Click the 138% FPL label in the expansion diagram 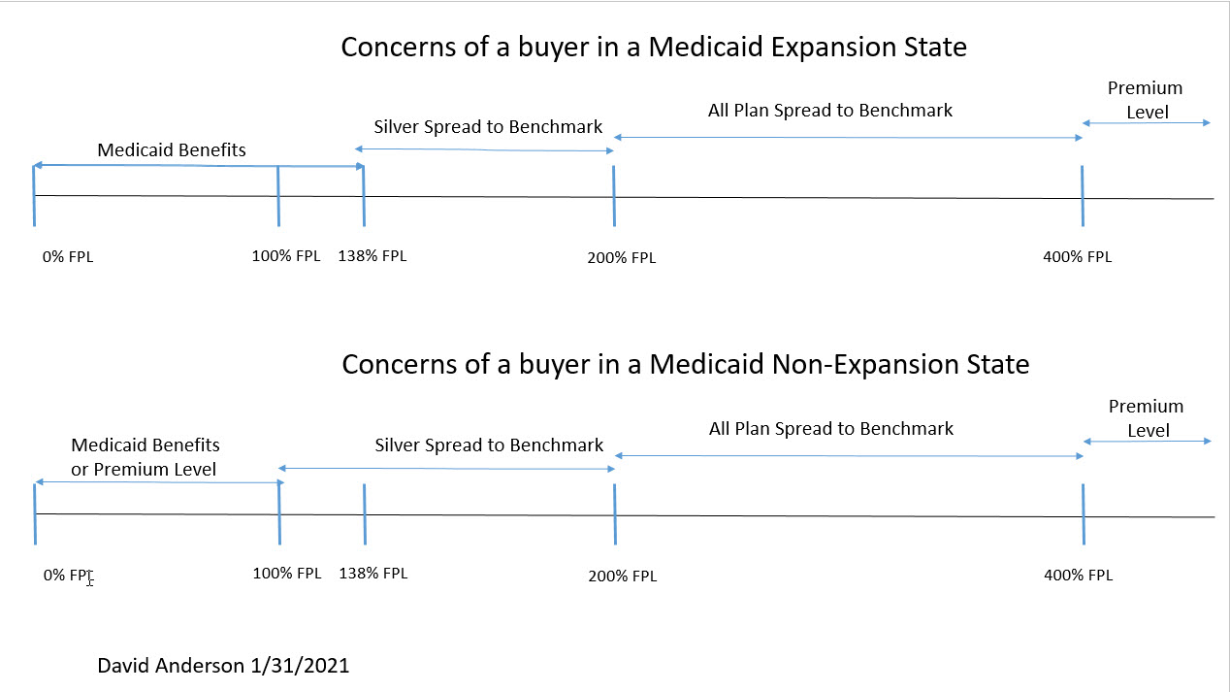pyautogui.click(x=372, y=256)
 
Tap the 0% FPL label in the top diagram pyautogui.click(x=69, y=257)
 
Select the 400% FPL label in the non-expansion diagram pyautogui.click(x=1078, y=575)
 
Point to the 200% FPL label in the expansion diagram pyautogui.click(x=622, y=258)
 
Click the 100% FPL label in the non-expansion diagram pyautogui.click(x=286, y=573)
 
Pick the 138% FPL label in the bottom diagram pyautogui.click(x=372, y=573)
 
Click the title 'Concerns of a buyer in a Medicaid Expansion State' pyautogui.click(x=654, y=47)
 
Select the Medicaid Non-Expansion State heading pyautogui.click(x=685, y=365)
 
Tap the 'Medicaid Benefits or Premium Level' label pyautogui.click(x=145, y=457)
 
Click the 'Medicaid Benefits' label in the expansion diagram pyautogui.click(x=172, y=150)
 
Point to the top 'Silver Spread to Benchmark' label pyautogui.click(x=488, y=127)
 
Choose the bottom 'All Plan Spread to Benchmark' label pyautogui.click(x=831, y=428)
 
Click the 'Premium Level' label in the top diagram pyautogui.click(x=1146, y=100)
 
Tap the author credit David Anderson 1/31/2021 pyautogui.click(x=223, y=666)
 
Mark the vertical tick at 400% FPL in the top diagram pyautogui.click(x=1082, y=196)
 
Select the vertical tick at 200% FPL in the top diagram pyautogui.click(x=614, y=196)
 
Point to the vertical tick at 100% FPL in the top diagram pyautogui.click(x=278, y=196)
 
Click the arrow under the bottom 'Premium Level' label pyautogui.click(x=1147, y=442)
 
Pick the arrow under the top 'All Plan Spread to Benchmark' pyautogui.click(x=848, y=138)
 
